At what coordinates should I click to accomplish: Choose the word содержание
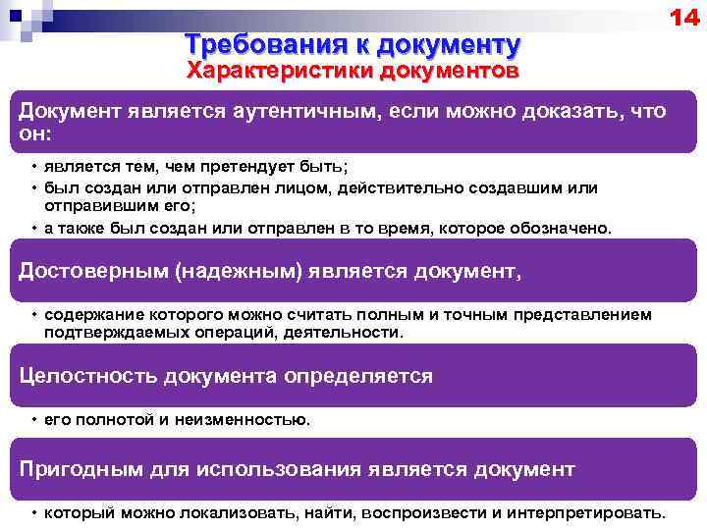coord(93,315)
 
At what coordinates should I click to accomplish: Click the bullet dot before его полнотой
coord(33,419)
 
